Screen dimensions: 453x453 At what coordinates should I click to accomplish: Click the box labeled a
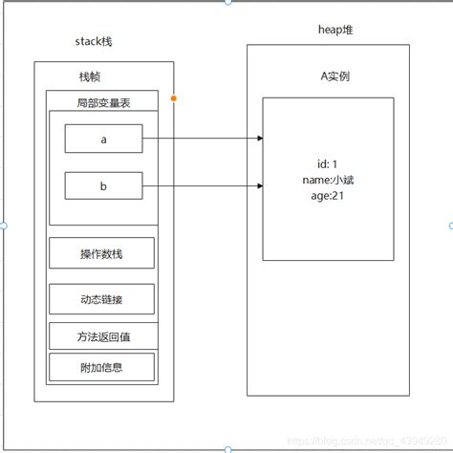coord(103,139)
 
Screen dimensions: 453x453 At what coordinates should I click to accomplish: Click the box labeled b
coord(103,186)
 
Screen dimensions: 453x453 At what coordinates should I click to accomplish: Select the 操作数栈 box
coord(101,253)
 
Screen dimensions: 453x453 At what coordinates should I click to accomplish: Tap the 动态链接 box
coord(101,300)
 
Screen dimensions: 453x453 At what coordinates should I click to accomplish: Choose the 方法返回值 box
coord(101,335)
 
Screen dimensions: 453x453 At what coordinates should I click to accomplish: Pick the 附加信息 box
coord(101,366)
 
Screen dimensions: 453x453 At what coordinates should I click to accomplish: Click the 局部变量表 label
coord(102,102)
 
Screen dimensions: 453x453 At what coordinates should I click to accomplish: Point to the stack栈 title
coord(99,41)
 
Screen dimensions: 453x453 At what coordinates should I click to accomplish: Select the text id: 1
coord(328,163)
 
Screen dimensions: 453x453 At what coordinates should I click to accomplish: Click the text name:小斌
coord(328,179)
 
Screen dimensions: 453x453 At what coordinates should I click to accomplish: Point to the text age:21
coord(328,194)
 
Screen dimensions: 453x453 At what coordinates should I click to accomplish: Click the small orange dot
coord(173,98)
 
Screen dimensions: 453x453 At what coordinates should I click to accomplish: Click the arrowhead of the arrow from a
coord(259,139)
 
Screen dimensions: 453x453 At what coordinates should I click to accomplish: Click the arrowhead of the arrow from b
coord(259,186)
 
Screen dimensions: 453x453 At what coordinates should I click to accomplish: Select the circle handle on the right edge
coord(450,226)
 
